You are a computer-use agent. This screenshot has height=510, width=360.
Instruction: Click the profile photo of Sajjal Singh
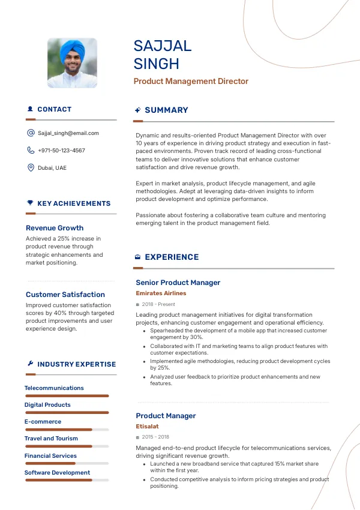coord(72,64)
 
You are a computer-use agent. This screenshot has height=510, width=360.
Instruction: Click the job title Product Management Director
coord(191,82)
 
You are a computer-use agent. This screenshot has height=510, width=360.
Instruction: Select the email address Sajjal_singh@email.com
coord(68,133)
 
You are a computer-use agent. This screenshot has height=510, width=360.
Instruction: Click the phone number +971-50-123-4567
coord(61,151)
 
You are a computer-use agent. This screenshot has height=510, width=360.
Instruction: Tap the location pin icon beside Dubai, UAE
coord(31,168)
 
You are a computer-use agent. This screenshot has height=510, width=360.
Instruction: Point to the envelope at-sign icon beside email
coord(31,133)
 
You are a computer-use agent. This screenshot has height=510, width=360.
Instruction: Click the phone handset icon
coord(31,151)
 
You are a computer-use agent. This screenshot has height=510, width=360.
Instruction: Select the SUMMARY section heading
coord(166,110)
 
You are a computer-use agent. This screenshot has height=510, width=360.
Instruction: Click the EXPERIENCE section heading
coord(172,257)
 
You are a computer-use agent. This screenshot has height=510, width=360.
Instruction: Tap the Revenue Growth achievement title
coord(55,228)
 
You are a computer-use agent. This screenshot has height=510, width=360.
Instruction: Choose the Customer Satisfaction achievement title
coord(65,295)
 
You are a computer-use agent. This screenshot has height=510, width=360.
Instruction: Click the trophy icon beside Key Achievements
coord(30,203)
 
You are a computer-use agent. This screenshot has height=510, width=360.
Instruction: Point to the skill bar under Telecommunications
coord(67,396)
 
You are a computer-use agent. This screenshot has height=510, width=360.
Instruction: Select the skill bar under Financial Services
coord(67,464)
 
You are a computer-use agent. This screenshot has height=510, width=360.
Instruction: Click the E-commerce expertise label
coord(43,422)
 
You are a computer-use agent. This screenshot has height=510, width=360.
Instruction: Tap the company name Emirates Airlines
coord(161,293)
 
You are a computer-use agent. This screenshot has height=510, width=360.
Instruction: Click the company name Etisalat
coord(147,427)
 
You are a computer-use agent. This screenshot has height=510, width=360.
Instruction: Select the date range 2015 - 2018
coord(155,437)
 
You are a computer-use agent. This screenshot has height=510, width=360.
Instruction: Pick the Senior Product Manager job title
coord(178,283)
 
